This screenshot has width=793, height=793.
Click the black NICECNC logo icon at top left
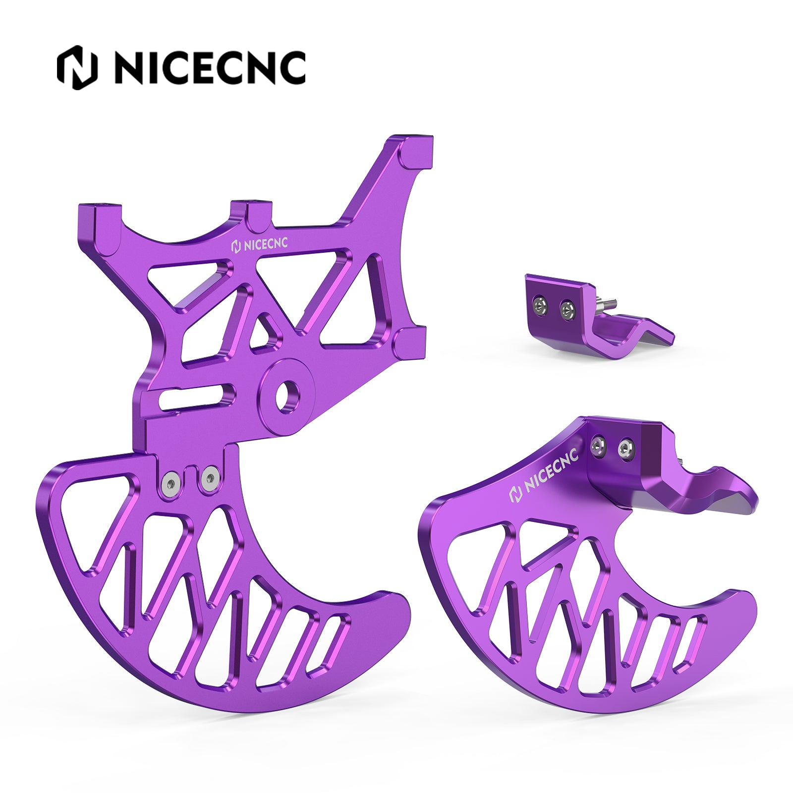[77, 67]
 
